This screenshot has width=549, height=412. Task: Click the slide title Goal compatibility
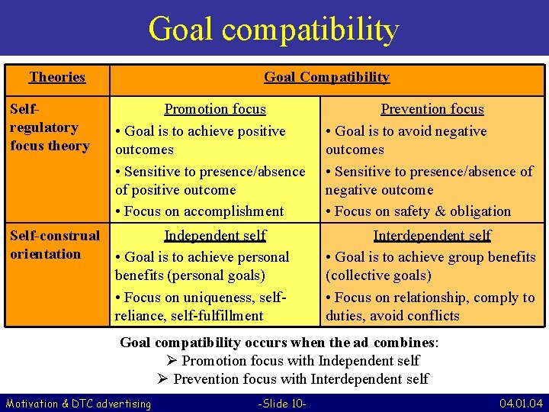point(274,29)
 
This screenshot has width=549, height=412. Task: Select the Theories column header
point(57,77)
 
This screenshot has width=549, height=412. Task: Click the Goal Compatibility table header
point(326,77)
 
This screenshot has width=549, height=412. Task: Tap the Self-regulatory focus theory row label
point(50,127)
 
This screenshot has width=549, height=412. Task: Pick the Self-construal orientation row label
point(54,245)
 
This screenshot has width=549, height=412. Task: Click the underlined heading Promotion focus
point(215,109)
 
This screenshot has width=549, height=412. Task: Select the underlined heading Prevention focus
point(432,109)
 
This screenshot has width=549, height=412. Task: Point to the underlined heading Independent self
point(215,236)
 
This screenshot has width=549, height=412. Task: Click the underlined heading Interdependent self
point(432,236)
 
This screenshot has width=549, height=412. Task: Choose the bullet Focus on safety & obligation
point(422,211)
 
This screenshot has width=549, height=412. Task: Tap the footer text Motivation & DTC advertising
point(79,403)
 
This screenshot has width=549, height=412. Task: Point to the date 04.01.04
point(521,403)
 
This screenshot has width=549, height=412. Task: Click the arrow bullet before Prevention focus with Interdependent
point(163,379)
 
